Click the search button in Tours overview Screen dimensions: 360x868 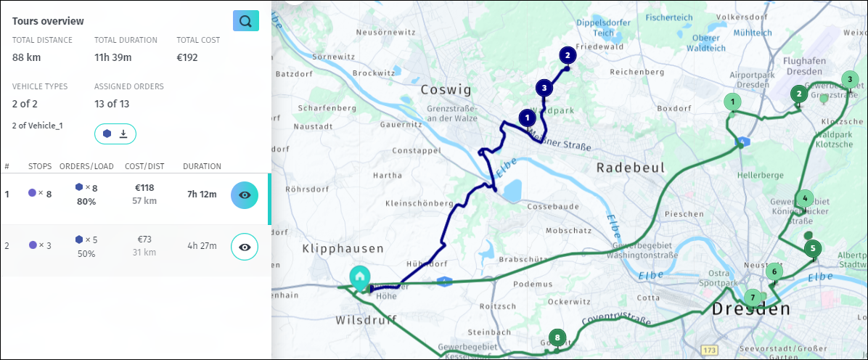(x=245, y=21)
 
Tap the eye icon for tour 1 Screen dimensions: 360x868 (x=245, y=195)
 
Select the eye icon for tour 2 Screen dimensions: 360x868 (x=245, y=247)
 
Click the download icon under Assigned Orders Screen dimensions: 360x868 (x=123, y=134)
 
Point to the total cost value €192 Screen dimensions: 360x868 (x=187, y=57)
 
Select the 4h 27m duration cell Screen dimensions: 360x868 (x=202, y=245)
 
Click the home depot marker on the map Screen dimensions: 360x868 (x=359, y=277)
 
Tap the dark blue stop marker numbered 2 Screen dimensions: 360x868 (x=567, y=54)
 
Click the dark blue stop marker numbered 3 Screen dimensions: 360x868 (x=544, y=88)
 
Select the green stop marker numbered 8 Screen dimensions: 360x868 (x=557, y=337)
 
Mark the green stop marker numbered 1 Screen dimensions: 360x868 (x=733, y=102)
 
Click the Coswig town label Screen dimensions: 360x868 (x=446, y=90)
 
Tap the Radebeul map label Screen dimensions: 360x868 (x=630, y=168)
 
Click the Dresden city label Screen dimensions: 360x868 (x=750, y=309)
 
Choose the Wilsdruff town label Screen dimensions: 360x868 (x=369, y=320)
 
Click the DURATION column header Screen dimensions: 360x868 (x=202, y=166)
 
